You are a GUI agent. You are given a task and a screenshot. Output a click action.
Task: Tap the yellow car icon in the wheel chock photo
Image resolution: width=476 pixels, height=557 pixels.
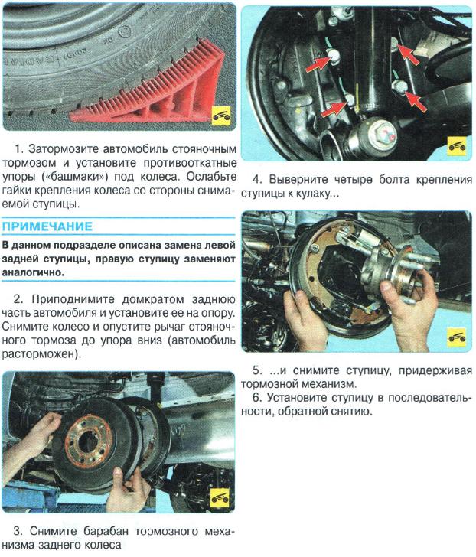(220, 116)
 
